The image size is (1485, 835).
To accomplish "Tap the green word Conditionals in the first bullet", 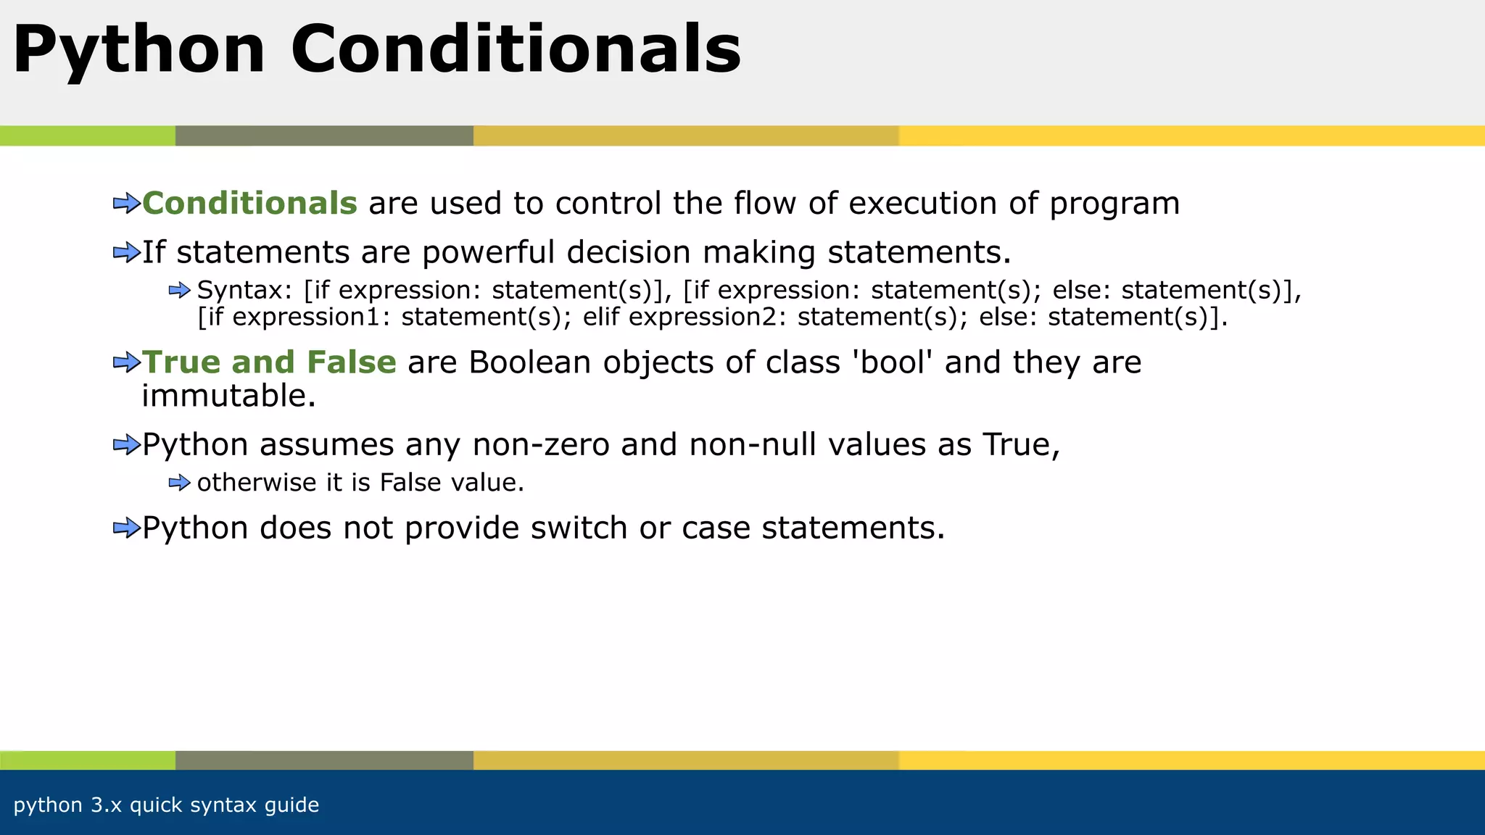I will pyautogui.click(x=249, y=204).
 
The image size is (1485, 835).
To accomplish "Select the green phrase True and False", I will pyautogui.click(x=269, y=362).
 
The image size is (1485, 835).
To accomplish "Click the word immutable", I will pyautogui.click(x=228, y=396).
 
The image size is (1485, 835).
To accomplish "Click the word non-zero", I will pyautogui.click(x=541, y=445).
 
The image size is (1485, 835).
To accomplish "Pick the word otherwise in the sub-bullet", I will pyautogui.click(x=255, y=483).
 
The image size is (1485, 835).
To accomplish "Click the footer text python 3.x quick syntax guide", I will pyautogui.click(x=166, y=805).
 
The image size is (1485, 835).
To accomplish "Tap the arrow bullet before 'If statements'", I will pyautogui.click(x=126, y=253).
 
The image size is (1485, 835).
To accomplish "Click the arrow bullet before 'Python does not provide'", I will pyautogui.click(x=126, y=528).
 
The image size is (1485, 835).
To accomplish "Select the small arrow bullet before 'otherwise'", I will pyautogui.click(x=179, y=483).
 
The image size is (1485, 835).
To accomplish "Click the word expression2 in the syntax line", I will pyautogui.click(x=707, y=317).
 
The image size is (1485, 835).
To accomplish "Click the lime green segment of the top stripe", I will pyautogui.click(x=87, y=136).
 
